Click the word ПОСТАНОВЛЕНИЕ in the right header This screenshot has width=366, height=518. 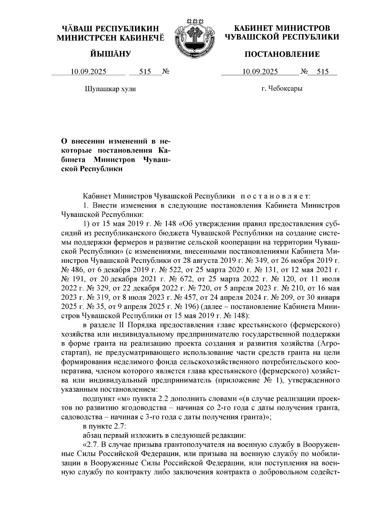click(282, 54)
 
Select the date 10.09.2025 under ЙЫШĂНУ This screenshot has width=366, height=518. click(88, 72)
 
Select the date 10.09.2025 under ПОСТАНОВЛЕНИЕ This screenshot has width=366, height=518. click(260, 72)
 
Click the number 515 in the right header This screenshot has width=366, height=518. click(323, 72)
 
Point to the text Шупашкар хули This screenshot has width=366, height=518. click(110, 89)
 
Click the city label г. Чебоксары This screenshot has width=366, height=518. click(282, 89)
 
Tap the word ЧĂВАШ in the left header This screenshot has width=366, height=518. click(76, 29)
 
